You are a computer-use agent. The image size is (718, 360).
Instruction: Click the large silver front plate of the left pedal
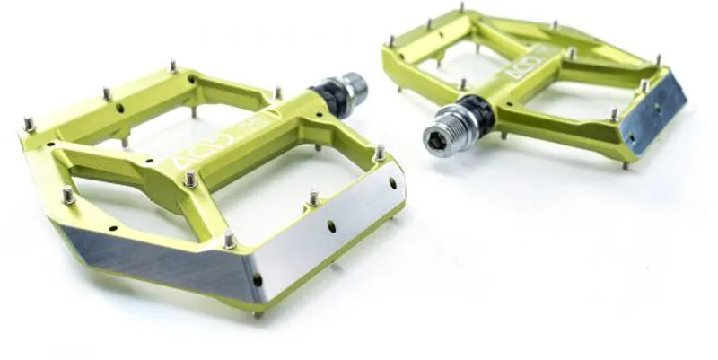pos(332,223)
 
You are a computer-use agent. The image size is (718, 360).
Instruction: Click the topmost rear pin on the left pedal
pos(173,67)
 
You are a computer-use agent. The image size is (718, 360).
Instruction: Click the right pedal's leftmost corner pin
pos(391,41)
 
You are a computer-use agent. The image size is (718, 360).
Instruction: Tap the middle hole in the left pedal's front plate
pos(331,226)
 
